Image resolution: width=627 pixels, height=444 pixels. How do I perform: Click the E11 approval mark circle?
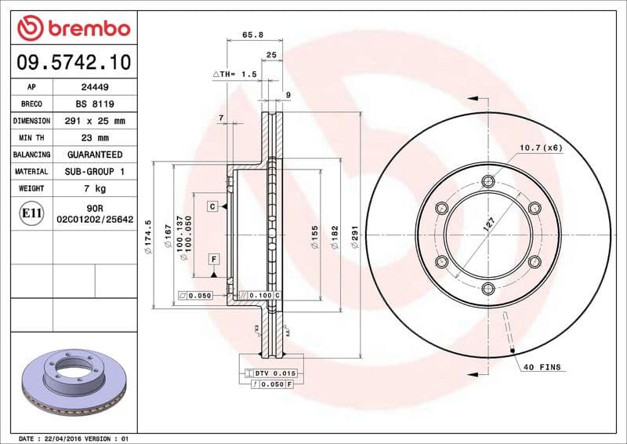[32, 213]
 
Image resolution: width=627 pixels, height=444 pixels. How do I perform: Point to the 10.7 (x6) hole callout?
[540, 148]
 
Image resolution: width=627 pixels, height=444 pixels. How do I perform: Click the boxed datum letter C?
[212, 206]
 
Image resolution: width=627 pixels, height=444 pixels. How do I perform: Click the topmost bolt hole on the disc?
[489, 182]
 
